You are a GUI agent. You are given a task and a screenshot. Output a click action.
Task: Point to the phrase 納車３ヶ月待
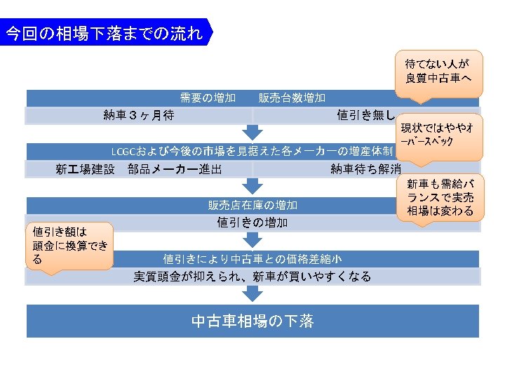point(139,115)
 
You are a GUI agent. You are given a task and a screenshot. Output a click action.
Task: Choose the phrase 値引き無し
point(366,115)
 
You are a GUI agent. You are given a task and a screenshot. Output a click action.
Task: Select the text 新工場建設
point(85,169)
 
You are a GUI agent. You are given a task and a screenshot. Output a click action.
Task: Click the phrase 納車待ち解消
point(366,169)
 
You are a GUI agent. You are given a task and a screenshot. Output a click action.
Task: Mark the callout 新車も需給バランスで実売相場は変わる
point(440,197)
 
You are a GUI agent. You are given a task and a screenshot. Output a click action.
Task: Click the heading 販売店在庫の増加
point(252,206)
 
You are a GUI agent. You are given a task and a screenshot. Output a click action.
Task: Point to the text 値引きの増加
point(252,222)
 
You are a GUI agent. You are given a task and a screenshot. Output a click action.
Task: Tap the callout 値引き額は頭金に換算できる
point(70,245)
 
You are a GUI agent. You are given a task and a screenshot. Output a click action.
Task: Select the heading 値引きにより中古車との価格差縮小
point(252,259)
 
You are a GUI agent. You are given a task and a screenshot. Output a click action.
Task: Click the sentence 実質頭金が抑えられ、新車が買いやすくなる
point(252,277)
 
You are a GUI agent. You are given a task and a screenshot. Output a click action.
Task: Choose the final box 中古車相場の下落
point(252,321)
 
